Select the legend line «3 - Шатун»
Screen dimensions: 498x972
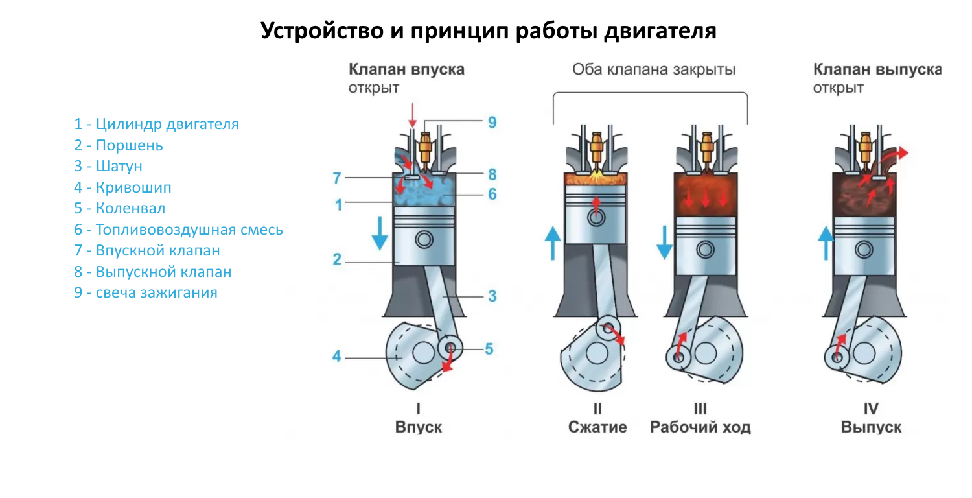(x=108, y=167)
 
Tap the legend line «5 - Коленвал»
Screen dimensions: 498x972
(x=120, y=209)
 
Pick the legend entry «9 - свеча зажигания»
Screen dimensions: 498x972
(x=146, y=293)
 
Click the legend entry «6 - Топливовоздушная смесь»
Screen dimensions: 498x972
(x=178, y=230)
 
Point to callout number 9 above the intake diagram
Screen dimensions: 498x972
(x=492, y=122)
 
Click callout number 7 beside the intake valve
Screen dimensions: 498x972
(x=336, y=177)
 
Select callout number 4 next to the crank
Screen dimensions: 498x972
(x=337, y=356)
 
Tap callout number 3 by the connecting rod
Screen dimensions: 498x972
(x=492, y=296)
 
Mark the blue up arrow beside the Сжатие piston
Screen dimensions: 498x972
(x=553, y=243)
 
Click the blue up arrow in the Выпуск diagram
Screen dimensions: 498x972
(x=825, y=243)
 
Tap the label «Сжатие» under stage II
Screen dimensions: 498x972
(x=597, y=427)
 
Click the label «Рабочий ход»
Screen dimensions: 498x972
(x=700, y=427)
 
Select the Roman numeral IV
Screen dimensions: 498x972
(x=871, y=409)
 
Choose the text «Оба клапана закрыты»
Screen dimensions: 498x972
(x=654, y=69)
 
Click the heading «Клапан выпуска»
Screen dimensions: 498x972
(x=877, y=69)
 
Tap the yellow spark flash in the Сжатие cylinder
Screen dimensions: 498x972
(x=596, y=176)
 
